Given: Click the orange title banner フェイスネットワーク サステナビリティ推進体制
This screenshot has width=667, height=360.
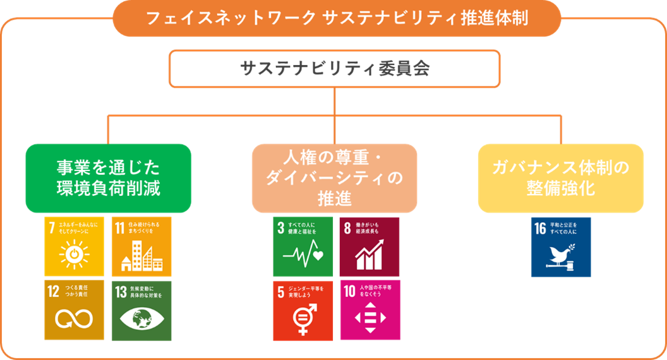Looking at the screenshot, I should click(x=336, y=18).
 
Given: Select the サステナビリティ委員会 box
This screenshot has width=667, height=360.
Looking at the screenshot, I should click(x=334, y=68).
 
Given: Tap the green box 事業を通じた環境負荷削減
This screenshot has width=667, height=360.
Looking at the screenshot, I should click(x=108, y=178).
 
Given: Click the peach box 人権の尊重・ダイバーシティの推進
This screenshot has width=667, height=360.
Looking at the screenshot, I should click(x=334, y=178).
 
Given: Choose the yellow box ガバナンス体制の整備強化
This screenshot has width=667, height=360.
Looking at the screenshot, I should click(x=560, y=178).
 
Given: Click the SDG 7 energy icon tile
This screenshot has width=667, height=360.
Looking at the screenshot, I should click(x=74, y=247).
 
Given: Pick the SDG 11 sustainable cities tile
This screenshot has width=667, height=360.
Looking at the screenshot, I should click(x=141, y=247).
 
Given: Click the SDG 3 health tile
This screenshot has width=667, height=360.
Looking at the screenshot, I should click(x=303, y=247).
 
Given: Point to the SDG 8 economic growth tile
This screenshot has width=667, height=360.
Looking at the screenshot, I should click(x=370, y=247).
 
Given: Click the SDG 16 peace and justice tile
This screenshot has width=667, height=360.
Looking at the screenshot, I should click(x=560, y=247).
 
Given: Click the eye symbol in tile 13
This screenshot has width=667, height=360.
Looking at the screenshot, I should click(x=141, y=318).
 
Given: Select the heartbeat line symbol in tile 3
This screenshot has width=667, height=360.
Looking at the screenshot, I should click(x=303, y=256).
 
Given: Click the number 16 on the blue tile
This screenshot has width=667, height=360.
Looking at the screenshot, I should click(x=539, y=228).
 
